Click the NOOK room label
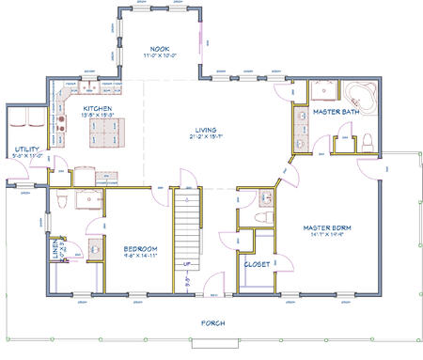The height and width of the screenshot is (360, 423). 160,48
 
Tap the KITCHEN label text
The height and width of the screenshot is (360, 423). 98,109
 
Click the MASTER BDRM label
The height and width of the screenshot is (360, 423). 328,227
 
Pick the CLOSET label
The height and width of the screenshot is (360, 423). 258,264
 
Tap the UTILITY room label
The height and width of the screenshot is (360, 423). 25,149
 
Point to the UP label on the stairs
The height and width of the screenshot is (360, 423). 188,265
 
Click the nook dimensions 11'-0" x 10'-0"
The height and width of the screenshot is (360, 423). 160,55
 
